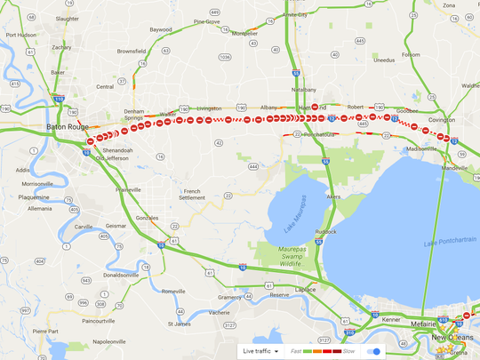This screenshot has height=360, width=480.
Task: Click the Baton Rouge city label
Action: coord(65,127)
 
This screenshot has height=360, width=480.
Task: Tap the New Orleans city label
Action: coord(451,339)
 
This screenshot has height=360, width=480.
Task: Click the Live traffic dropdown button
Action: coord(261,351)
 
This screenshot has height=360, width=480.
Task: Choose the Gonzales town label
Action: coord(147,218)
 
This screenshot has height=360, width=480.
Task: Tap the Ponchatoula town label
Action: coord(316,134)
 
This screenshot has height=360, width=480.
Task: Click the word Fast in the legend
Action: coord(295,351)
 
